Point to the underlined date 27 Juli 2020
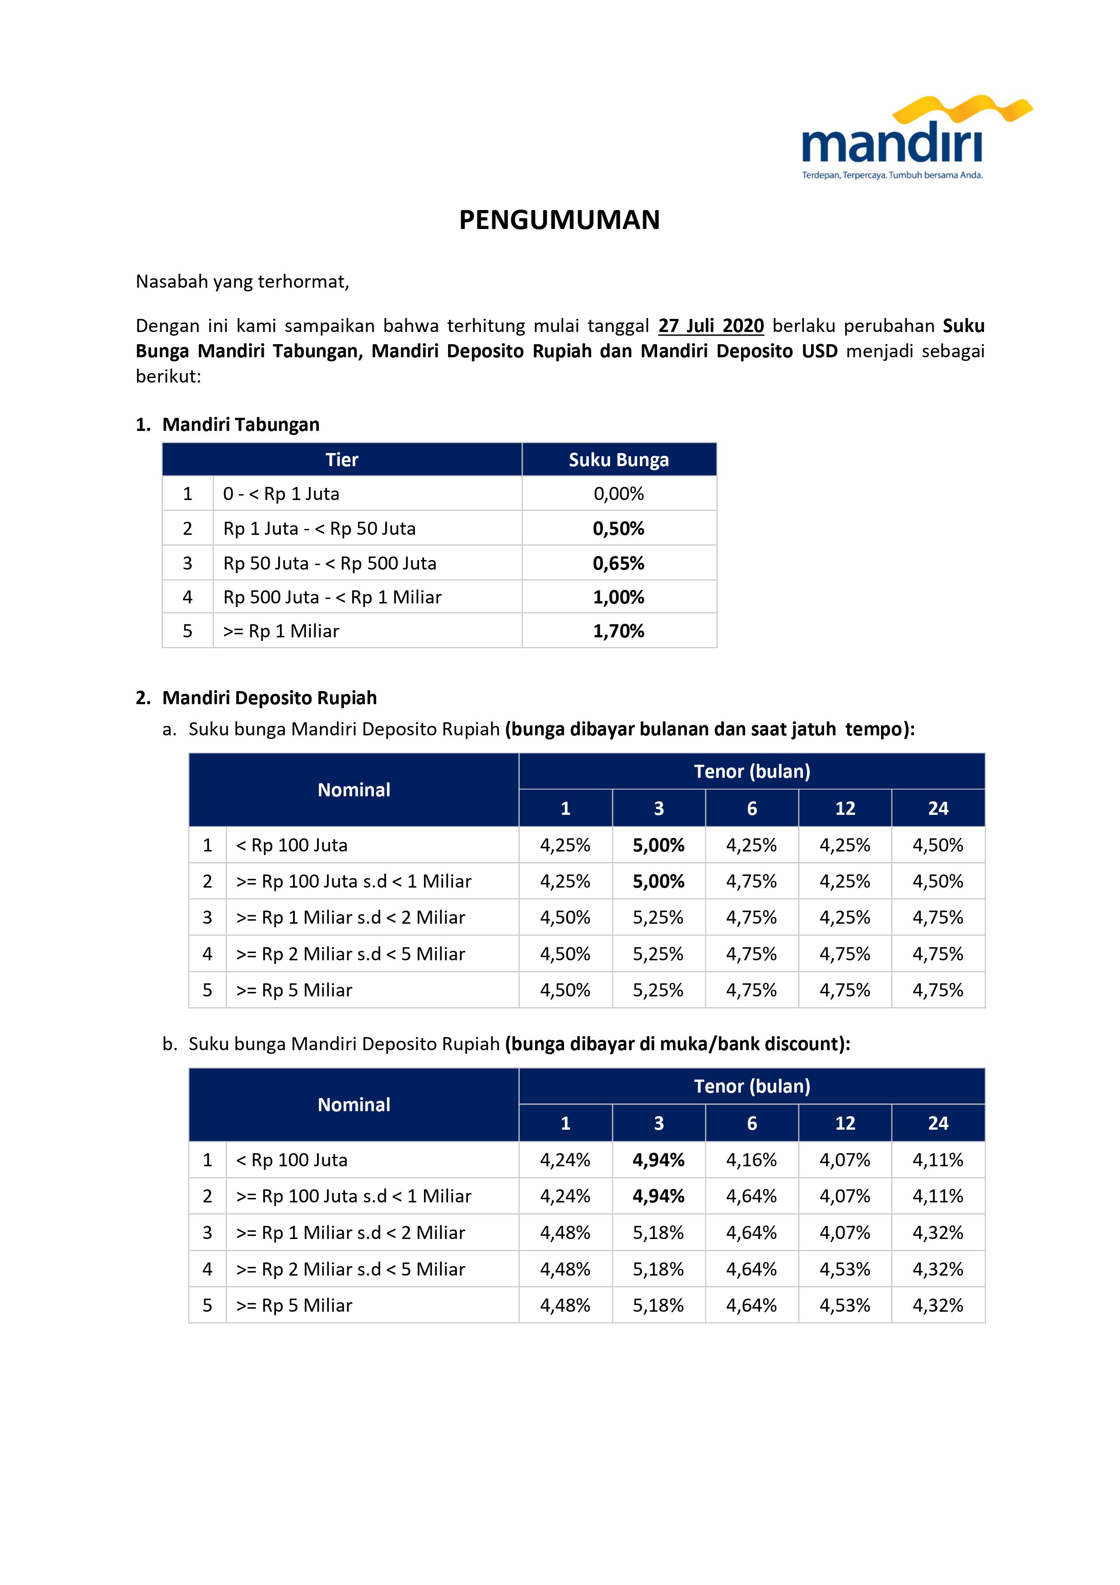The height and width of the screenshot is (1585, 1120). pos(711,326)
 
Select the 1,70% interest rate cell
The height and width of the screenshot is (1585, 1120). pos(618,631)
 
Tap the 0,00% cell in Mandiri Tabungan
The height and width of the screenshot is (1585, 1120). pos(618,494)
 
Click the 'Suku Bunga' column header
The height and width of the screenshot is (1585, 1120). pos(618,460)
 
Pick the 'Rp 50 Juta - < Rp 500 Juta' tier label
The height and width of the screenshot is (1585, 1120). pos(330,563)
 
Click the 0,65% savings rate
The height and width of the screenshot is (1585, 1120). pos(618,563)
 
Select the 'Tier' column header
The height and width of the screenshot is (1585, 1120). pos(341,460)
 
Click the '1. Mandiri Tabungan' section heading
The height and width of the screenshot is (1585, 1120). pos(228,425)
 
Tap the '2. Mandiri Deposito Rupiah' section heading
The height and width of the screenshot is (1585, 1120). pos(257,698)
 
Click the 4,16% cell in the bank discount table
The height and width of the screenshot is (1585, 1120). pos(751,1160)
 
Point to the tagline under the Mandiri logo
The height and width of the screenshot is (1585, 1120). pos(891,175)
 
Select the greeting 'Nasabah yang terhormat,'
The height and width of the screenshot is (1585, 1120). pos(242,282)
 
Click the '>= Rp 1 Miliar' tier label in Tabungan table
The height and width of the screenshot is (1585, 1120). pos(281,631)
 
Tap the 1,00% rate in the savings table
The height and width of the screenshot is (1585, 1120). pos(618,597)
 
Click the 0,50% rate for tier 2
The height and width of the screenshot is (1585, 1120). pos(618,529)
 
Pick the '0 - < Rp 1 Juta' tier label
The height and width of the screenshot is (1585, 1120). pos(281,494)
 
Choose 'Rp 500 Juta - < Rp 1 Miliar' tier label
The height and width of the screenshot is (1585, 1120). pos(332,597)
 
